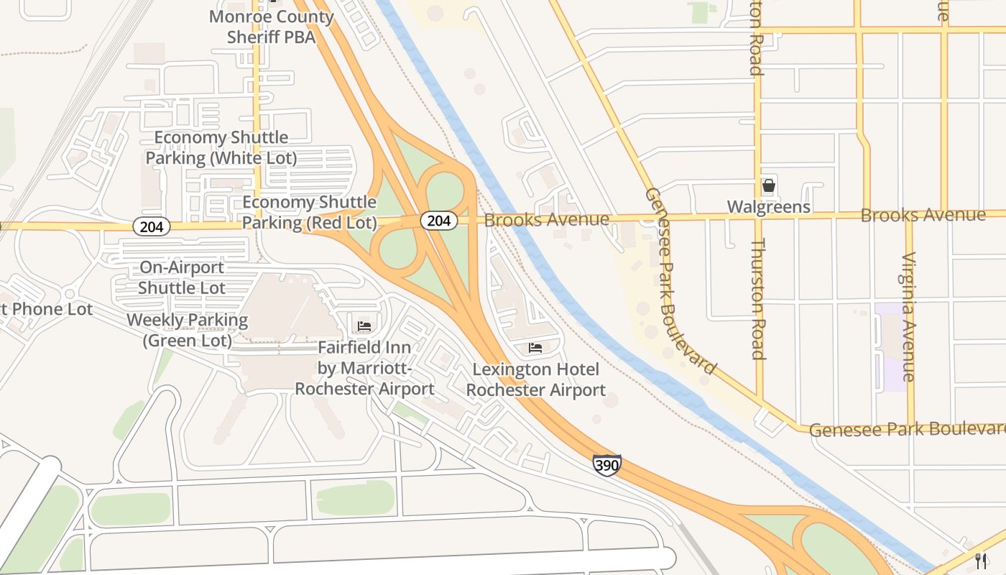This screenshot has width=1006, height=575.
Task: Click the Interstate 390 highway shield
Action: [606, 465]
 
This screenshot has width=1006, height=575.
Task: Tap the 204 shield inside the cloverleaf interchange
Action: [438, 221]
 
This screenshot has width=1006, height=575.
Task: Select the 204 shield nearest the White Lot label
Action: [152, 227]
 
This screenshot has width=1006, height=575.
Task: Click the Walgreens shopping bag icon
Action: [768, 186]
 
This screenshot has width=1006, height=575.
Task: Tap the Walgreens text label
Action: [768, 207]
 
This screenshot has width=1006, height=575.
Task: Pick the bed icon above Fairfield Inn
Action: [364, 326]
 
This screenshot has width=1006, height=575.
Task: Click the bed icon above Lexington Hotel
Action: [535, 349]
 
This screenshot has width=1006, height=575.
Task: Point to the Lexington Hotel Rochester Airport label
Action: [535, 380]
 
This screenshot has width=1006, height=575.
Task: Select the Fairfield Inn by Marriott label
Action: [364, 368]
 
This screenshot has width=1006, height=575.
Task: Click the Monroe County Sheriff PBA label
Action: [271, 27]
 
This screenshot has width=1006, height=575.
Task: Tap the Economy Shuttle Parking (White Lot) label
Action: [221, 147]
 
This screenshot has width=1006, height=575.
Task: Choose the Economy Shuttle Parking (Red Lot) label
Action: [309, 213]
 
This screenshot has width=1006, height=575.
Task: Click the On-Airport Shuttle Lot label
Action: [182, 277]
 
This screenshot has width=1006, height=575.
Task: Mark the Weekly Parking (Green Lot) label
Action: [187, 330]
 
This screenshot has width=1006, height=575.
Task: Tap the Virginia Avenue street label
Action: [910, 316]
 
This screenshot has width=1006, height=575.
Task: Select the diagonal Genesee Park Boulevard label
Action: [680, 280]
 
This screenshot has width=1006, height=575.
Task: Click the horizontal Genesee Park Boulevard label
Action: [907, 429]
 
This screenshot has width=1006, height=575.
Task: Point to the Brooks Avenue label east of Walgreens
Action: [923, 215]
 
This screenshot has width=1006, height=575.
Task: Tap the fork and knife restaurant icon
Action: [981, 561]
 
